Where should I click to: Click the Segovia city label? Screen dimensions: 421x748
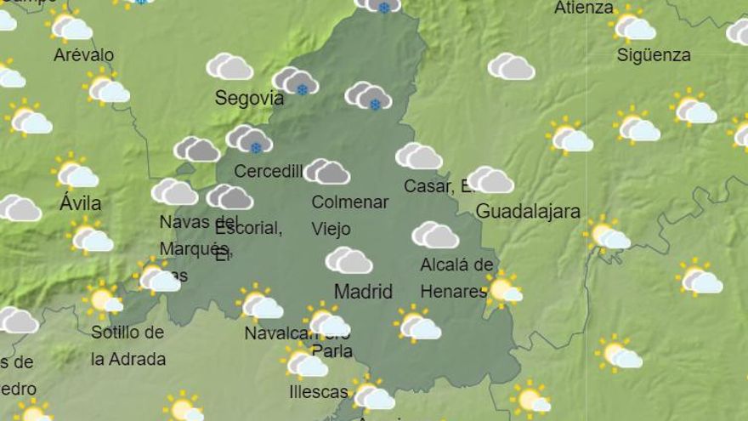click(x=249, y=98)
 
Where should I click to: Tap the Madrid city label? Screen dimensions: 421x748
click(x=363, y=292)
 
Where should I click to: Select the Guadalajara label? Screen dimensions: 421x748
click(x=528, y=212)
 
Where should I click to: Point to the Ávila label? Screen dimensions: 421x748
click(x=81, y=204)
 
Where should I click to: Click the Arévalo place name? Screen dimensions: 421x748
click(x=83, y=55)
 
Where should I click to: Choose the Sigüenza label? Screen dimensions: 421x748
click(x=654, y=55)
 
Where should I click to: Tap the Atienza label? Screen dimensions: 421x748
click(x=584, y=9)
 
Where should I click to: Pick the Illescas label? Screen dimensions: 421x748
click(x=319, y=392)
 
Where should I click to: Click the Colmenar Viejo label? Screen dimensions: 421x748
click(x=349, y=215)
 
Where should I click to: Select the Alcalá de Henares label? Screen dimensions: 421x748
click(x=456, y=278)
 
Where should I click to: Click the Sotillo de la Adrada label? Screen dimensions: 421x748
click(x=127, y=345)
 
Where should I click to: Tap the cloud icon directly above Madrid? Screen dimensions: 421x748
click(x=348, y=260)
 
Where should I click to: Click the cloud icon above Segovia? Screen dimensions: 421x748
click(x=229, y=66)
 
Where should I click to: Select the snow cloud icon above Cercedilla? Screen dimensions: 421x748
click(x=249, y=139)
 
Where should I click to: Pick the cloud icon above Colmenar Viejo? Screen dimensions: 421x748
click(x=327, y=171)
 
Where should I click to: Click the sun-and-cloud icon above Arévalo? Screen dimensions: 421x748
click(x=70, y=26)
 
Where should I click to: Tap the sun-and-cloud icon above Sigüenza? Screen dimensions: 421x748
click(x=633, y=26)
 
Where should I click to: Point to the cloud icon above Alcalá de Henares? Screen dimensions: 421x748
click(x=435, y=235)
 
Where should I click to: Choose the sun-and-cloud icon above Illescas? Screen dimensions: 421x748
click(x=304, y=362)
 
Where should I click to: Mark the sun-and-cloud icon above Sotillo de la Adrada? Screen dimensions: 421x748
click(x=103, y=300)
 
